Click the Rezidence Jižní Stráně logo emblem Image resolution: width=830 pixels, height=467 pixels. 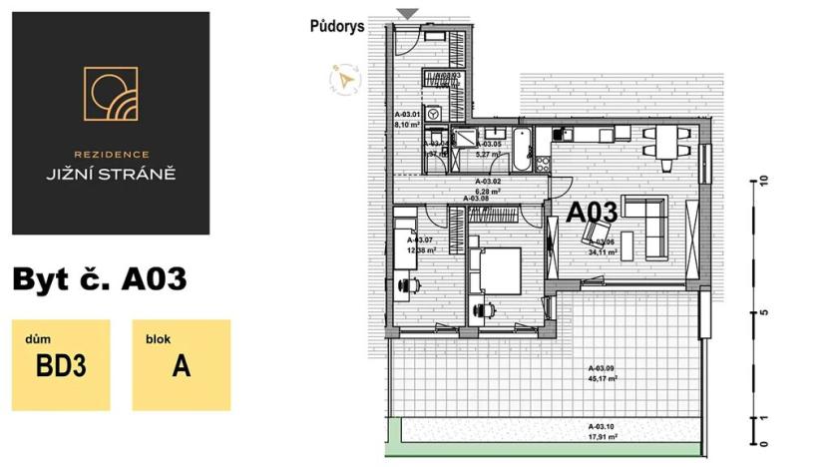(111, 95)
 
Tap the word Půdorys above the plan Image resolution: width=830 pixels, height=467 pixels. (335, 27)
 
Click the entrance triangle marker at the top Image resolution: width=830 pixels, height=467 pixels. (407, 13)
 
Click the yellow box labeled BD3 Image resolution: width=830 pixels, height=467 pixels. (61, 365)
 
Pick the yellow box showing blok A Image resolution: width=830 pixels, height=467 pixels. (181, 365)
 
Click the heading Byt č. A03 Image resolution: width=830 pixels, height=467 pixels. (100, 279)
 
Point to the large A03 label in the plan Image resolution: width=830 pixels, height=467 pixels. (593, 213)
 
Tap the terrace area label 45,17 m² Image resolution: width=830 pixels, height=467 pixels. (603, 379)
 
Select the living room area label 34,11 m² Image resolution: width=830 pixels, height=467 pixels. (603, 252)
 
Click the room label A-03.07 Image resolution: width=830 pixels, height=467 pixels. (420, 240)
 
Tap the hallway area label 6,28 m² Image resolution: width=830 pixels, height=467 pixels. (487, 191)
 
